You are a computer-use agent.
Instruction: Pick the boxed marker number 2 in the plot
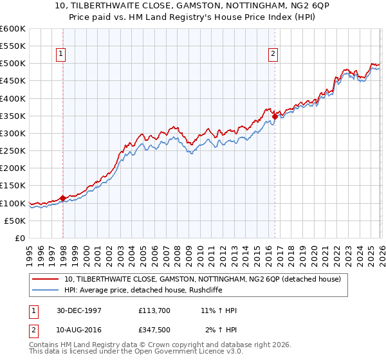click(x=274, y=54)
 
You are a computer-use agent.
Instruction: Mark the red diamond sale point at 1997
click(x=62, y=198)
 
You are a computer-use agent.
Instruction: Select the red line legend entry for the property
click(x=206, y=279)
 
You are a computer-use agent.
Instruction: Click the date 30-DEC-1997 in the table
click(x=79, y=310)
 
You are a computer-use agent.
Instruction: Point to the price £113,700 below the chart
click(x=154, y=310)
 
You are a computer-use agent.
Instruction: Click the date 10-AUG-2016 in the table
click(x=79, y=330)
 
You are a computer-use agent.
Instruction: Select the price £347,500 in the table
click(x=154, y=330)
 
